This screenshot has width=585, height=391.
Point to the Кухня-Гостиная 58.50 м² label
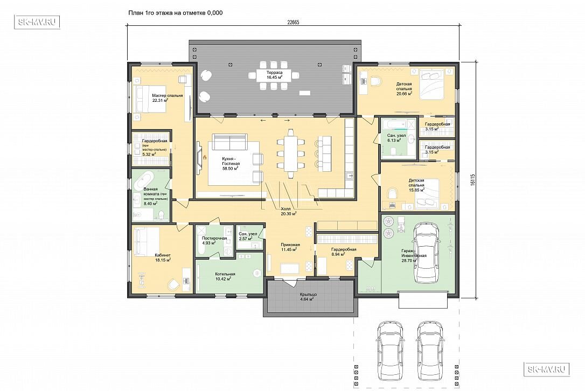pyautogui.click(x=230, y=164)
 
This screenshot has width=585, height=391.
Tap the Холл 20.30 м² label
pyautogui.click(x=289, y=211)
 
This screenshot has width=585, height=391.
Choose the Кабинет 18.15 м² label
pyautogui.click(x=163, y=257)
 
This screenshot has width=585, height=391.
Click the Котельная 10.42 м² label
pyautogui.click(x=223, y=276)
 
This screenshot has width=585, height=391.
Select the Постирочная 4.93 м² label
pyautogui.click(x=214, y=240)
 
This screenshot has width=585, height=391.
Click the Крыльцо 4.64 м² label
pyautogui.click(x=309, y=297)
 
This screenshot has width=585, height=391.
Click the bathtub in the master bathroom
pyautogui.click(x=146, y=180)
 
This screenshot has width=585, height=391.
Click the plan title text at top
pyautogui.click(x=176, y=12)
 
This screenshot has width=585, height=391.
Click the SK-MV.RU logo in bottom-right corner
pyautogui.click(x=546, y=369)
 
